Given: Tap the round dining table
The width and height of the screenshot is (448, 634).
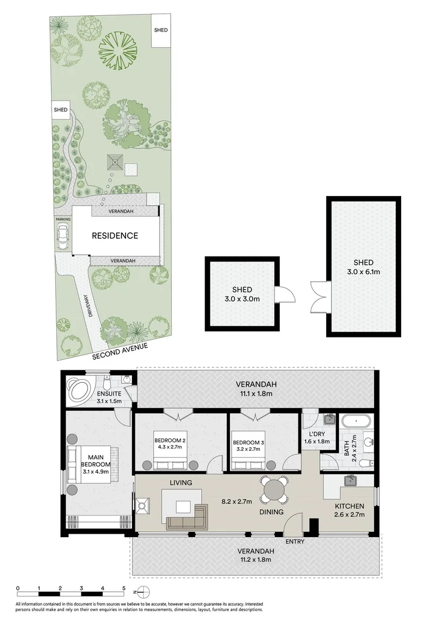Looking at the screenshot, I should (274, 488).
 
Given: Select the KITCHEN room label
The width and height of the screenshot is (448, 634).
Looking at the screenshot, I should (349, 506).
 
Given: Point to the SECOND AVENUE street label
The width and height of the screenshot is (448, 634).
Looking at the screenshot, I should (120, 352).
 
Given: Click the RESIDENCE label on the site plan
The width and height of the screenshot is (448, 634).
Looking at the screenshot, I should (115, 236).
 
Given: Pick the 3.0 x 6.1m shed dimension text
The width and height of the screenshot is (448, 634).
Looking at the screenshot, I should (364, 272).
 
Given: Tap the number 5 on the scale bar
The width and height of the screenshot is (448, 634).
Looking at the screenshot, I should (124, 588).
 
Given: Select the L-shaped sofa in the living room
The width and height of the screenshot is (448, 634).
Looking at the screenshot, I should (187, 517).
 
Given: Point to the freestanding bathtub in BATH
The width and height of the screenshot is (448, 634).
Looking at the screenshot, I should (355, 420).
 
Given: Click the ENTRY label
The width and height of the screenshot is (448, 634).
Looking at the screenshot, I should (294, 541).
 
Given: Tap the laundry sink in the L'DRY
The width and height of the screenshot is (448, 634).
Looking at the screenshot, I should (329, 419).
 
